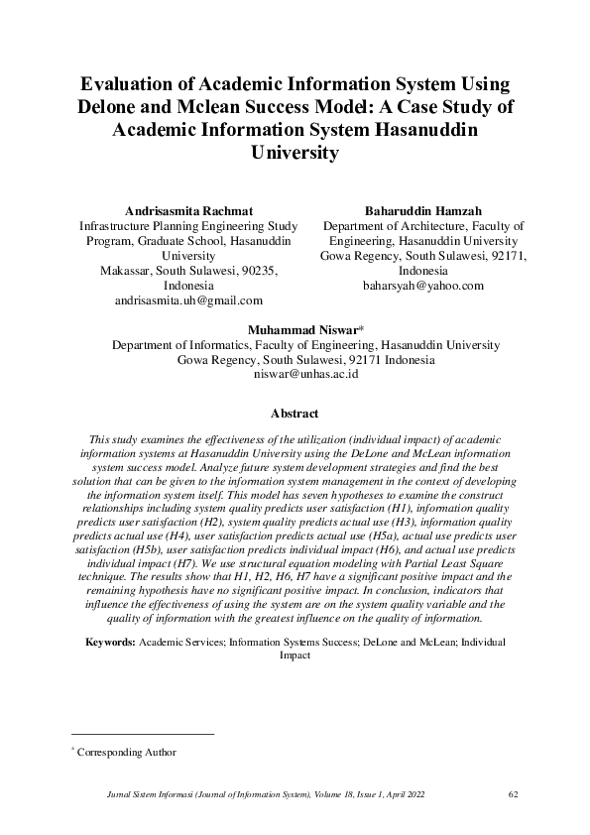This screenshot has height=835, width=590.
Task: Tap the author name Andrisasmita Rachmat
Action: pyautogui.click(x=187, y=211)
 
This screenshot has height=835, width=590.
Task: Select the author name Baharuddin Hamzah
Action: pyautogui.click(x=423, y=211)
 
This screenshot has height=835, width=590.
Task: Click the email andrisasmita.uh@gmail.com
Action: pyautogui.click(x=188, y=298)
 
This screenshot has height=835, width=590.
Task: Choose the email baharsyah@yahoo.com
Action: pyautogui.click(x=423, y=285)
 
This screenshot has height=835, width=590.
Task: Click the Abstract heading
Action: pyautogui.click(x=295, y=414)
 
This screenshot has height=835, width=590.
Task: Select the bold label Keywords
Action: pyautogui.click(x=110, y=643)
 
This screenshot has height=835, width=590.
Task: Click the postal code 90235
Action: pyautogui.click(x=254, y=270)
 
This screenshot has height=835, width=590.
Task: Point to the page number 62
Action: pyautogui.click(x=513, y=793)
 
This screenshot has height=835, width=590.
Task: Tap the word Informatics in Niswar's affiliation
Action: pyautogui.click(x=210, y=345)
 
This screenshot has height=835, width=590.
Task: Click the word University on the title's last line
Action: pyautogui.click(x=295, y=154)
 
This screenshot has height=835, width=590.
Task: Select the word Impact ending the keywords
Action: pyautogui.click(x=295, y=656)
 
